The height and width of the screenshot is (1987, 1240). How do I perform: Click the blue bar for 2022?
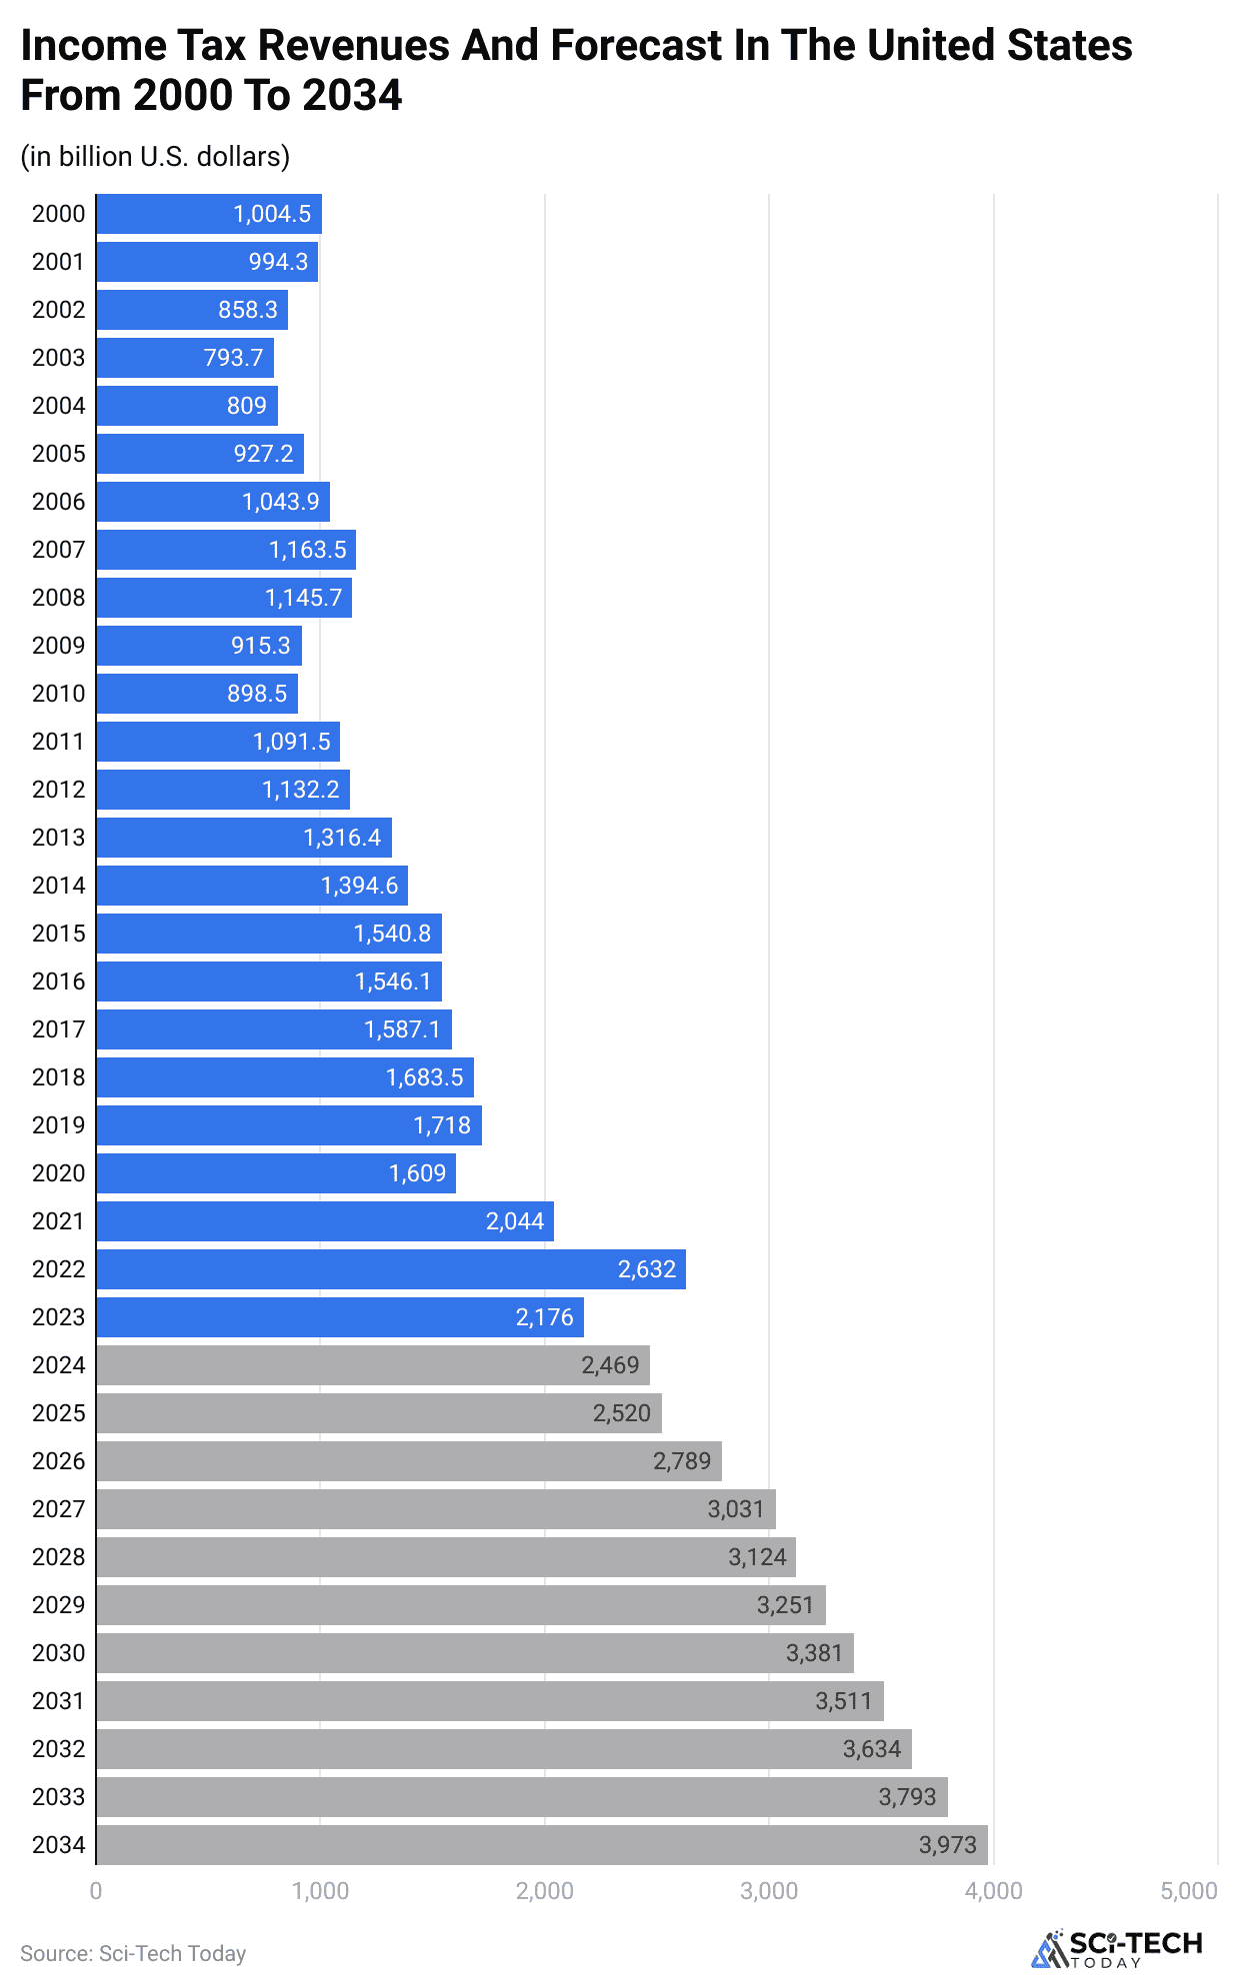click(x=390, y=1269)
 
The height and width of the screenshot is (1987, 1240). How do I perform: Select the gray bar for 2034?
click(x=540, y=1845)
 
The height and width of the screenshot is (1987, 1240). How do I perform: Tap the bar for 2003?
click(x=185, y=358)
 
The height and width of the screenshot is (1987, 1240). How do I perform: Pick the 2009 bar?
click(x=198, y=646)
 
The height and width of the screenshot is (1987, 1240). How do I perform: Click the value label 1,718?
click(x=442, y=1125)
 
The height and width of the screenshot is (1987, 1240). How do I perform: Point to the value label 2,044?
click(x=515, y=1221)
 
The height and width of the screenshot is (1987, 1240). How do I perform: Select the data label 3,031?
click(x=736, y=1509)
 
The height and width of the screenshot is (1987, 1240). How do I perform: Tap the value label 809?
click(x=247, y=406)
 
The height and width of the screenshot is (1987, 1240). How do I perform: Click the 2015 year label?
click(x=58, y=934)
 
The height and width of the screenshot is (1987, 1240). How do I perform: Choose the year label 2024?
click(x=58, y=1365)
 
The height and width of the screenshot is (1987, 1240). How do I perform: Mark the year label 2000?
click(x=58, y=214)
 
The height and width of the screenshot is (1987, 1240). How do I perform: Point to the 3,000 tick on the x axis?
click(x=769, y=1891)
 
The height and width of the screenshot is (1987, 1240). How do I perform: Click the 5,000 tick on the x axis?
click(x=1189, y=1891)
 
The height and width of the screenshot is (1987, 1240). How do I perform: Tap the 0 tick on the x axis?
click(x=96, y=1891)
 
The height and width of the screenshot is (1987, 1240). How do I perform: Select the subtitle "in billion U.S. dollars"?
click(x=155, y=157)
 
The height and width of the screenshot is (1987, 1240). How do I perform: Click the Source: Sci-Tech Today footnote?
click(x=133, y=1953)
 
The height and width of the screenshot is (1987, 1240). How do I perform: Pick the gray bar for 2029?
click(x=460, y=1605)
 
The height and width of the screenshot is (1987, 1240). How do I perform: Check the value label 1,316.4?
click(x=342, y=838)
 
